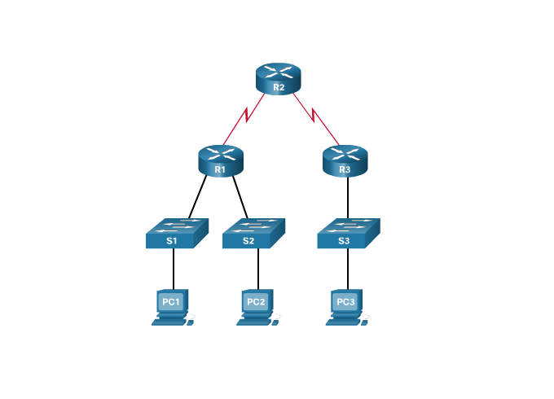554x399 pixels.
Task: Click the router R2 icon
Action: [x=279, y=77]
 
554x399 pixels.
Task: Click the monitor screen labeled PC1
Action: [x=170, y=302]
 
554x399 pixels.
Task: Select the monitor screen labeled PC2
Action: [x=256, y=302]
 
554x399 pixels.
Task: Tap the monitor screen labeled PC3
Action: [x=345, y=302]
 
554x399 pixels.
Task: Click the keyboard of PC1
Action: [x=168, y=322]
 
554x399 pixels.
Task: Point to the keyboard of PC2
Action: [x=253, y=322]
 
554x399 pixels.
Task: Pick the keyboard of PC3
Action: [x=342, y=322]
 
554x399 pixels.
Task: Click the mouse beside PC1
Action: [x=192, y=322]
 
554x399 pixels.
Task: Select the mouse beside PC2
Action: [x=277, y=322]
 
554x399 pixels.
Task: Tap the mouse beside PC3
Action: [x=367, y=322]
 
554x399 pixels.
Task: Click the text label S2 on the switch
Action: [x=248, y=242]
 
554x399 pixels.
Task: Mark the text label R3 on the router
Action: [x=344, y=170]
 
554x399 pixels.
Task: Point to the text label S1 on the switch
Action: [x=172, y=242]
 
